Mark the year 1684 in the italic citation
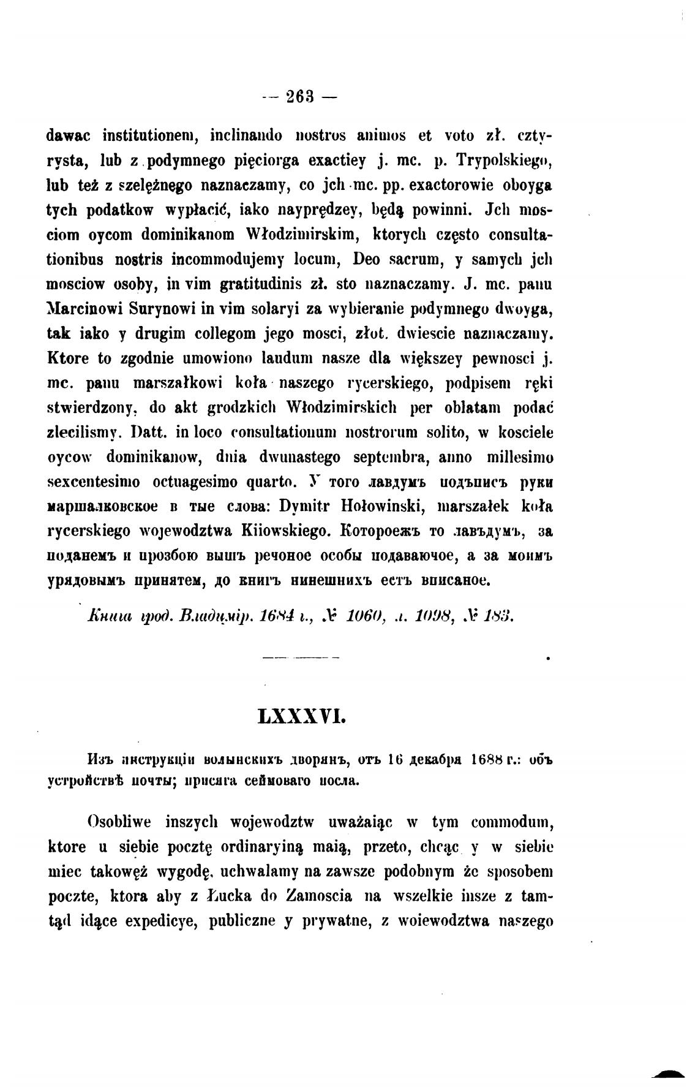click(x=275, y=616)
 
